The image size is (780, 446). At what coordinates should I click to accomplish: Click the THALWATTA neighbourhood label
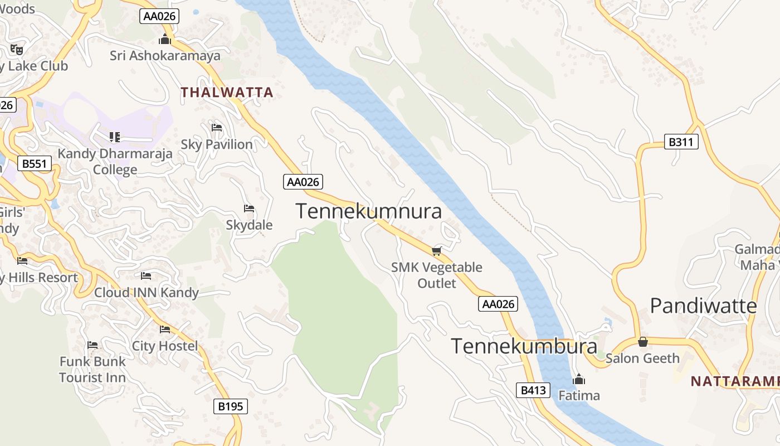click(227, 93)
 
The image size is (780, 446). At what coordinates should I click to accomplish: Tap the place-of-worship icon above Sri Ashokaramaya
click(164, 40)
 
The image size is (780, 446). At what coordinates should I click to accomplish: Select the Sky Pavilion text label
click(217, 144)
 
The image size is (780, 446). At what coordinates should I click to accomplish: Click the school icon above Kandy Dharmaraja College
click(115, 137)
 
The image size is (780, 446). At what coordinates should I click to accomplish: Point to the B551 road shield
click(35, 164)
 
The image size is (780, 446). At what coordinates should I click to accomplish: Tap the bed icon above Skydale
click(249, 209)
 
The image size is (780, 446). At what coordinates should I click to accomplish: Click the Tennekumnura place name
click(368, 211)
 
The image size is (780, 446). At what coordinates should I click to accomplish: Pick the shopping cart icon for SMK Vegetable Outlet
click(436, 251)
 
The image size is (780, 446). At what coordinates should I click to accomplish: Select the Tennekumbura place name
click(524, 346)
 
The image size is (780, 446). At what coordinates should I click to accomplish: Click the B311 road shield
click(681, 142)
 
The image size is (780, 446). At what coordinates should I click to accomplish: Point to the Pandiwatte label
click(703, 306)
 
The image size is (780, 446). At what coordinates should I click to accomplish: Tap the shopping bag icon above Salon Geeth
click(643, 342)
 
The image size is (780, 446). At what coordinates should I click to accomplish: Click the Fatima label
click(579, 396)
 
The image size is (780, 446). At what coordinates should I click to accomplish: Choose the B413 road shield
click(533, 390)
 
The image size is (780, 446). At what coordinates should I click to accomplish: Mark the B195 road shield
click(231, 406)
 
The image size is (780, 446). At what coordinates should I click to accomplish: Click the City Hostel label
click(165, 346)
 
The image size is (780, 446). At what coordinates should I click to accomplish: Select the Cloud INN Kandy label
click(147, 293)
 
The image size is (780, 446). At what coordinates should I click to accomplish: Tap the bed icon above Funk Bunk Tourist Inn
click(92, 345)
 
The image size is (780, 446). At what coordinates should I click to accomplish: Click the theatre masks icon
click(17, 49)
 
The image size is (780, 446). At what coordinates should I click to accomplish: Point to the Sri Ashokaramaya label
click(165, 56)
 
